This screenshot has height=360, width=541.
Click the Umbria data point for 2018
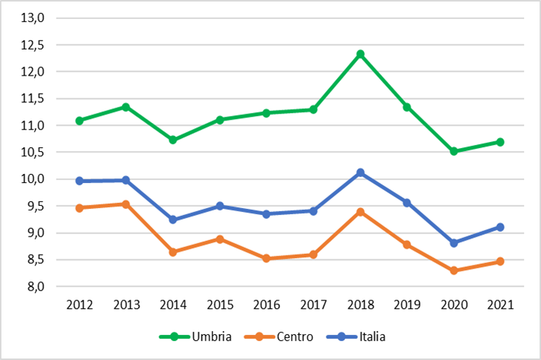(361, 54)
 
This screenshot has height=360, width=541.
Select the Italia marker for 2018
(361, 172)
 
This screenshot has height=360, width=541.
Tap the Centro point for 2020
(454, 270)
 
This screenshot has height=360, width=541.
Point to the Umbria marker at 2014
(173, 140)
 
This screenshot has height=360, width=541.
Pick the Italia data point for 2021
(501, 227)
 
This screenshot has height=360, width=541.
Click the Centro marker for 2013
(126, 204)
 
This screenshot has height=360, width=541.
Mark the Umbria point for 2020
(454, 151)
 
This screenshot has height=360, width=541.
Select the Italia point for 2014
(173, 220)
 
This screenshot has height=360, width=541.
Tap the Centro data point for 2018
(361, 212)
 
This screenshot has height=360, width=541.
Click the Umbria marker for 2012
(79, 121)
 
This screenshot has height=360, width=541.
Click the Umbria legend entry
(195, 336)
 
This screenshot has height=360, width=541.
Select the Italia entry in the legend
(356, 336)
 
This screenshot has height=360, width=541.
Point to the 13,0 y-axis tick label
(33, 18)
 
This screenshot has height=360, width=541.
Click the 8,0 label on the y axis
(36, 287)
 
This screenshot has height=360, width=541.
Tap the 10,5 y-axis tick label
(33, 152)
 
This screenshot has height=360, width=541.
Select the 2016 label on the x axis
(267, 305)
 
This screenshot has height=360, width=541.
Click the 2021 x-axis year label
(501, 305)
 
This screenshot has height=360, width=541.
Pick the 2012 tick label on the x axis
(79, 305)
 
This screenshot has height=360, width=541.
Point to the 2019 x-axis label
(407, 305)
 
